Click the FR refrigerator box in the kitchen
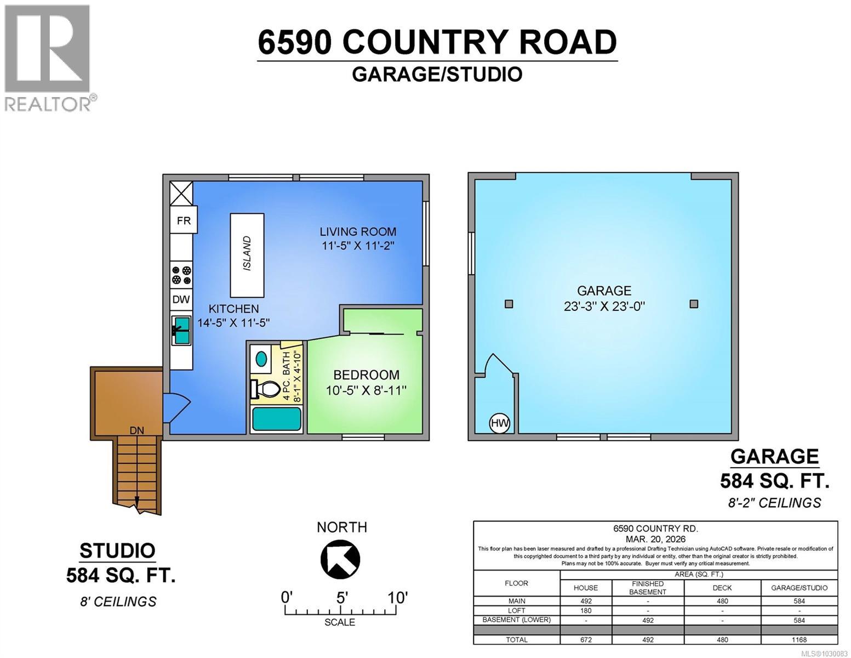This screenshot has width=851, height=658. point(184,220)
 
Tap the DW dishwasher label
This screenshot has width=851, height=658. point(181,299)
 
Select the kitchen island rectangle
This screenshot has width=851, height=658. point(247,255)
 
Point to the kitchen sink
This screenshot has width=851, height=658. point(181,330)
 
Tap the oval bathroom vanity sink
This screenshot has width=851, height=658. point(262,359)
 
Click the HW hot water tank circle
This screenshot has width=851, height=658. point(499,423)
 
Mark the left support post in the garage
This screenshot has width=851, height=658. point(509,304)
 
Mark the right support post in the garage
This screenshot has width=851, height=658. point(694,304)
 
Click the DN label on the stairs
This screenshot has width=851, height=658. point(136,431)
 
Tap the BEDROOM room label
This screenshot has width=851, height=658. point(367,375)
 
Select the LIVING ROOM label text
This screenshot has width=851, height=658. point(358,232)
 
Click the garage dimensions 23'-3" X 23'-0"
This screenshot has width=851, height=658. point(604,306)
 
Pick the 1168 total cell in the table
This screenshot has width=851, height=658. point(799,639)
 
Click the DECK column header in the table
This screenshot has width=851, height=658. point(722,587)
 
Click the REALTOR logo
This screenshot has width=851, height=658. point(48,58)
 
